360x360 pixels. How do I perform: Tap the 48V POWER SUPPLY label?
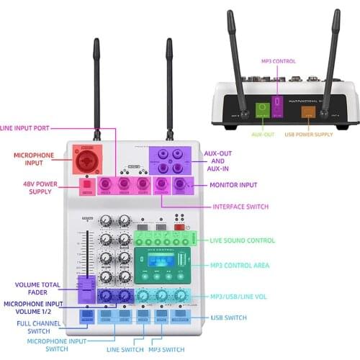pos(35,186)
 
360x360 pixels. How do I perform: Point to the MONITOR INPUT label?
pos(232,185)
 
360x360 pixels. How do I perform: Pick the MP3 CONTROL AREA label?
pos(240,266)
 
